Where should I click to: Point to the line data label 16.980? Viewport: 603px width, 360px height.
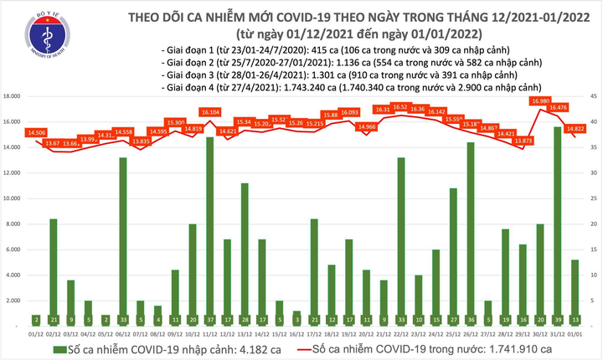[539, 101]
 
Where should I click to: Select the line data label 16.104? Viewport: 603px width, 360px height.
[209, 111]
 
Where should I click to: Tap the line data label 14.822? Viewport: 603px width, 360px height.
[575, 128]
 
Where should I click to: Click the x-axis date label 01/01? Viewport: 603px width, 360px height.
[574, 333]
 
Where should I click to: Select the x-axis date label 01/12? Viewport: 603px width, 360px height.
[36, 333]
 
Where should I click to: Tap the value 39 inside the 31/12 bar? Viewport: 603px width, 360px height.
[556, 320]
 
